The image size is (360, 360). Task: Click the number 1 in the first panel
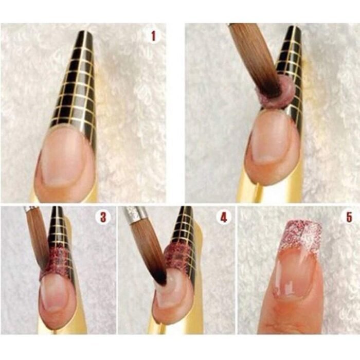pyautogui.click(x=153, y=37)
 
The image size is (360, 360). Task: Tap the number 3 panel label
pyautogui.click(x=103, y=217)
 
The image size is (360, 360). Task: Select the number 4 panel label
pyautogui.click(x=224, y=217)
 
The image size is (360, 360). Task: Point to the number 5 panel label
pyautogui.click(x=349, y=217)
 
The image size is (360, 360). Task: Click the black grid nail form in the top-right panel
pyautogui.click(x=291, y=69)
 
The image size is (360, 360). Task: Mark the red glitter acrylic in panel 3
pyautogui.click(x=58, y=262)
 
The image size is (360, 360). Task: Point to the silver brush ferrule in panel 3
pyautogui.click(x=30, y=208)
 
